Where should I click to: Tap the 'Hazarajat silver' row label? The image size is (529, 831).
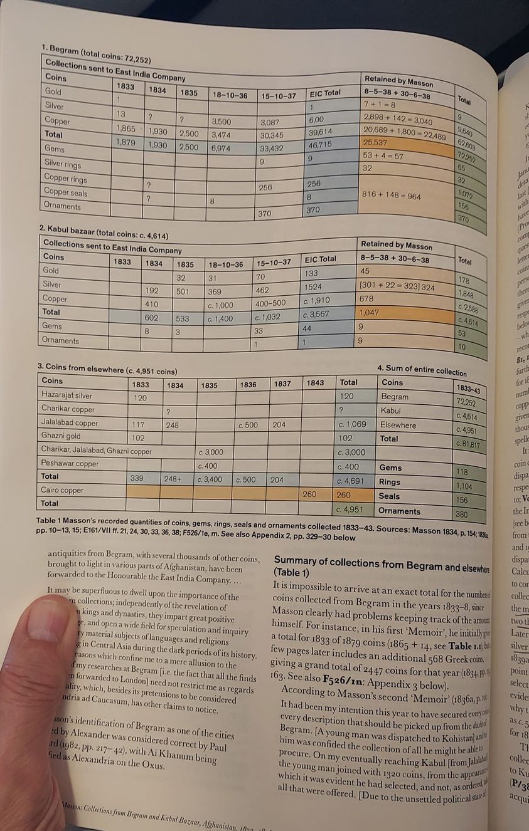pyautogui.click(x=67, y=395)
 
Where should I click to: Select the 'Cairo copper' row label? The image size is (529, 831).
pyautogui.click(x=63, y=489)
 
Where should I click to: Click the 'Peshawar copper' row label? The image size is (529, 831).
pyautogui.click(x=70, y=463)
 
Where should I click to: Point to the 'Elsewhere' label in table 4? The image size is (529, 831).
pyautogui.click(x=398, y=424)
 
